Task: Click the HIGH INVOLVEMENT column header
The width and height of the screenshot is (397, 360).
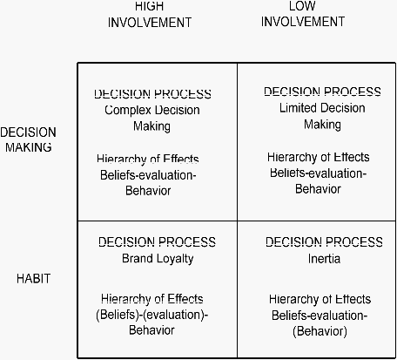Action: point(150,15)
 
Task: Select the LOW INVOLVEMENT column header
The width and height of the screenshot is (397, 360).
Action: point(303,14)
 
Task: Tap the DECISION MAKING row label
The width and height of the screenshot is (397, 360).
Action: point(28,139)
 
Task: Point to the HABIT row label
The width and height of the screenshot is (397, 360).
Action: point(34,279)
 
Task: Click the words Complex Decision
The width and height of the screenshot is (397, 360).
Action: point(152,110)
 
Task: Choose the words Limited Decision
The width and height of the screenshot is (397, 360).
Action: point(322,108)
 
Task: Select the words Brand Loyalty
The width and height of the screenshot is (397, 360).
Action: point(158,259)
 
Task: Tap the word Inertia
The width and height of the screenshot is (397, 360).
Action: point(324,259)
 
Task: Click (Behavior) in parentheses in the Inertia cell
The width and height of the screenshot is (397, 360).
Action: point(320,331)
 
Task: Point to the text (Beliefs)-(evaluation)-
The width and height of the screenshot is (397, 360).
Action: point(152,315)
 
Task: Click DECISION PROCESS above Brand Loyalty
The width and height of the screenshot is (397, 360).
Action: point(157,241)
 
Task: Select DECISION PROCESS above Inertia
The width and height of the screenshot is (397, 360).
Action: point(324,241)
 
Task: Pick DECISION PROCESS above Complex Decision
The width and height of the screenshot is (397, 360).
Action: point(152,94)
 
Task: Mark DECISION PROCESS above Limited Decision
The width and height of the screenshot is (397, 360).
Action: point(322,92)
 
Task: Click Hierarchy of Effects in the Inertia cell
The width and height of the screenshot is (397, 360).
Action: point(320,299)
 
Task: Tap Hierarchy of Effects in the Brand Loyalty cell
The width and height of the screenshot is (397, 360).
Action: point(152,298)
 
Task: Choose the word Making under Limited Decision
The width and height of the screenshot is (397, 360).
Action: point(322,125)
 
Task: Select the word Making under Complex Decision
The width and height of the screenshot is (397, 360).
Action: point(151,126)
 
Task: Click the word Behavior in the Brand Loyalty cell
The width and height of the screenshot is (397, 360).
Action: point(151,330)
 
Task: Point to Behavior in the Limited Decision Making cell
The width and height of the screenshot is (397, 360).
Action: point(318,189)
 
